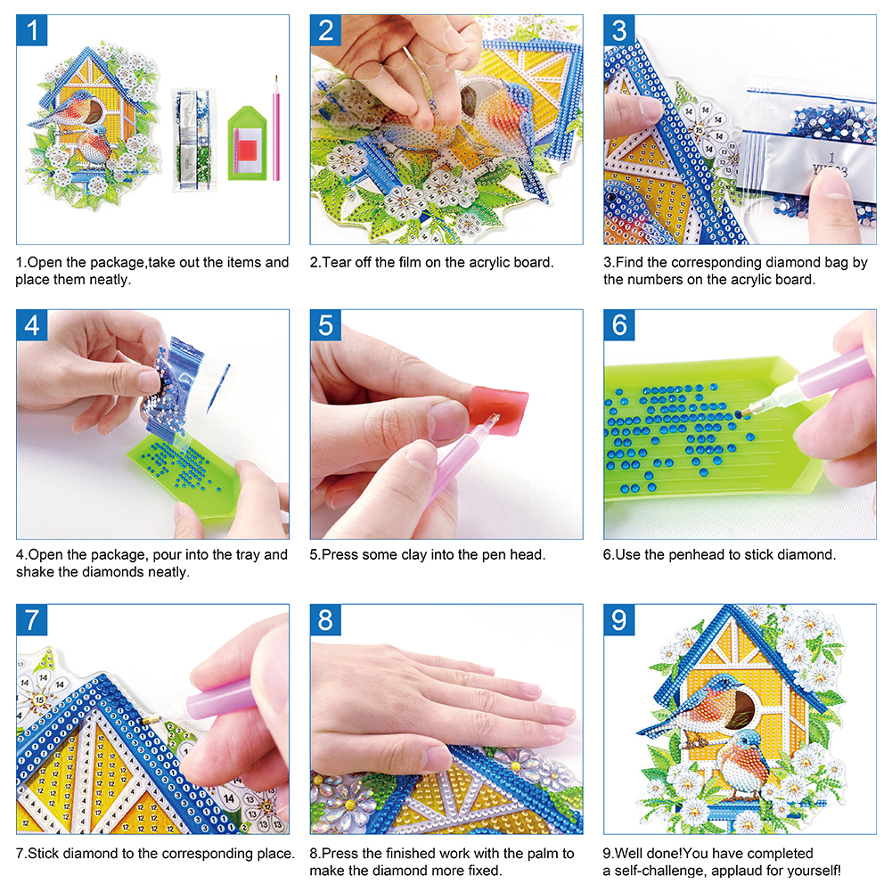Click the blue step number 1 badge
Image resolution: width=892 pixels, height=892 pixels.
coord(32,30)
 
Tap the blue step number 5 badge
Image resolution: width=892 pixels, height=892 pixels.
coord(325,325)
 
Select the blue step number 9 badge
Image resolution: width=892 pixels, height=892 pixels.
coord(619,619)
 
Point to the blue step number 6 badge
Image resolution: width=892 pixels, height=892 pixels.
coord(619,325)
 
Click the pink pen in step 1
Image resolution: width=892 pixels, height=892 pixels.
coord(276,128)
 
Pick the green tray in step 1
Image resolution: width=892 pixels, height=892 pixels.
coord(248,143)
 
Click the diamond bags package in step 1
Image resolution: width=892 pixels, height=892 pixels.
coord(194,139)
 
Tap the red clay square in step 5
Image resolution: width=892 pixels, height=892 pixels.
coord(499,411)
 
